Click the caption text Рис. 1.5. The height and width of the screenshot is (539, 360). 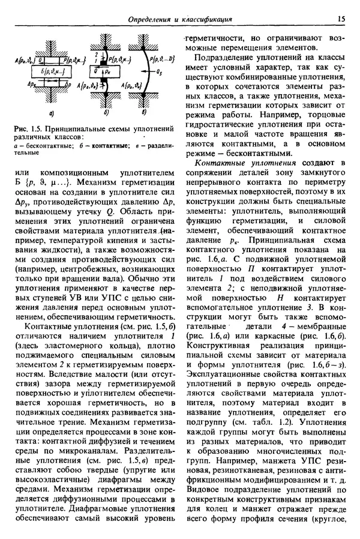26,128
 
